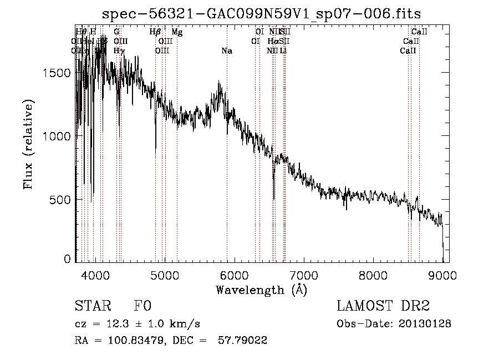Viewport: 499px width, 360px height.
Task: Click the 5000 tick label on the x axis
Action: point(165,275)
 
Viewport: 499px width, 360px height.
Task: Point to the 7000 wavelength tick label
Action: point(304,275)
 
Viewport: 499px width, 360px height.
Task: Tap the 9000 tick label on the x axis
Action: point(442,275)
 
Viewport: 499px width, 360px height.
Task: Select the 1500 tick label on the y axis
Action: point(57,73)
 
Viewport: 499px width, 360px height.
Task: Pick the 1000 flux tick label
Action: point(57,136)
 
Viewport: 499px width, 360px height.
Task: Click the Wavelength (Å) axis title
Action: point(261,289)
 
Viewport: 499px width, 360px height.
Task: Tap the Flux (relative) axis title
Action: point(28,144)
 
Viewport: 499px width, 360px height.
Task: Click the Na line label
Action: point(226,51)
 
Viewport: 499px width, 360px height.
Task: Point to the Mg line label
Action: point(177,32)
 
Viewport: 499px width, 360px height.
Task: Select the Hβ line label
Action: point(155,32)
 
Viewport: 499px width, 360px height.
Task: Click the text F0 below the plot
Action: point(142,307)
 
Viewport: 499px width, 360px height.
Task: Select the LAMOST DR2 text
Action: point(383,307)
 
